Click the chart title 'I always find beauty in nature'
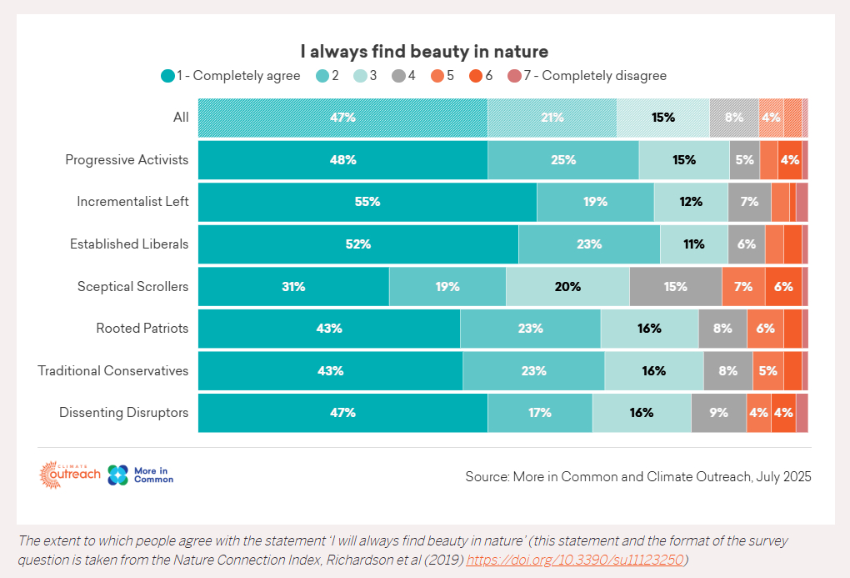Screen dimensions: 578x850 tap(424, 52)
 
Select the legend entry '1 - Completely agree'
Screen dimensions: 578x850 tap(231, 76)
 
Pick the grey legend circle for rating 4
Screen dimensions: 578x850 tap(398, 76)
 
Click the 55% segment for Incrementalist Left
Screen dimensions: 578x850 tap(367, 202)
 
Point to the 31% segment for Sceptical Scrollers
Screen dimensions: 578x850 tap(293, 286)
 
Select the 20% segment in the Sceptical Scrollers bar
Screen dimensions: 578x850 tap(567, 286)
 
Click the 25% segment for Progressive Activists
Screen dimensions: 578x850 tap(563, 159)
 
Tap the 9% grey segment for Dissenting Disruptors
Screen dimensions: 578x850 tap(718, 412)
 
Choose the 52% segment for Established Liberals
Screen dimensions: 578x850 tap(358, 244)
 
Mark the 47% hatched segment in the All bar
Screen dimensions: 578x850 tap(342, 118)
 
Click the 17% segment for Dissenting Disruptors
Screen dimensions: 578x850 tap(540, 412)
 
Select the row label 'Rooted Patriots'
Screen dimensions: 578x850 tap(142, 328)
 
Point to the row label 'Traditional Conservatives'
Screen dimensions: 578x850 tap(113, 370)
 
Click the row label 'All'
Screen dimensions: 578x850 tap(181, 118)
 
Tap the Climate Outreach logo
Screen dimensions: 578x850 tap(70, 474)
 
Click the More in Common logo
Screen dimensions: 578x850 tap(141, 475)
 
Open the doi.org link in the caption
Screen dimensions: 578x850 tap(575, 560)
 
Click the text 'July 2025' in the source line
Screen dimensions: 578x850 tap(783, 477)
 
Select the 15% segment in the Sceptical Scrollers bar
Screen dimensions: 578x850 tap(675, 286)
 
